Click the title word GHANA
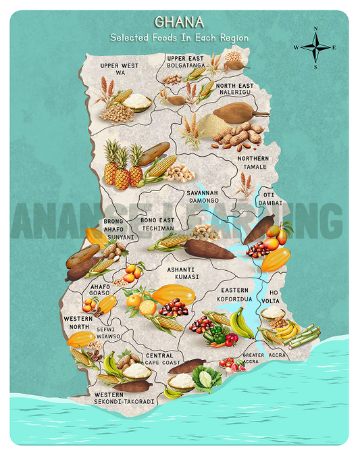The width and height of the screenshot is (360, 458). pos(179,22)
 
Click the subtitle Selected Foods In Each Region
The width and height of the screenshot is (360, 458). pos(179,38)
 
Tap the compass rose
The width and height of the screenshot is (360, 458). pos(315,48)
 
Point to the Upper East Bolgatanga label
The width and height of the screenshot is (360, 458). pos(185,63)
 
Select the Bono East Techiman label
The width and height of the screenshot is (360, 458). pos(157,224)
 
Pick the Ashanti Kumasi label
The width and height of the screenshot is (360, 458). pos(183,273)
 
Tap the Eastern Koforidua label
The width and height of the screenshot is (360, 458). pos(234,294)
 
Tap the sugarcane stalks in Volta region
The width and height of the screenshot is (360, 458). pos(305,334)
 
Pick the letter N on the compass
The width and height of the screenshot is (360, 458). pos(315,29)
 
